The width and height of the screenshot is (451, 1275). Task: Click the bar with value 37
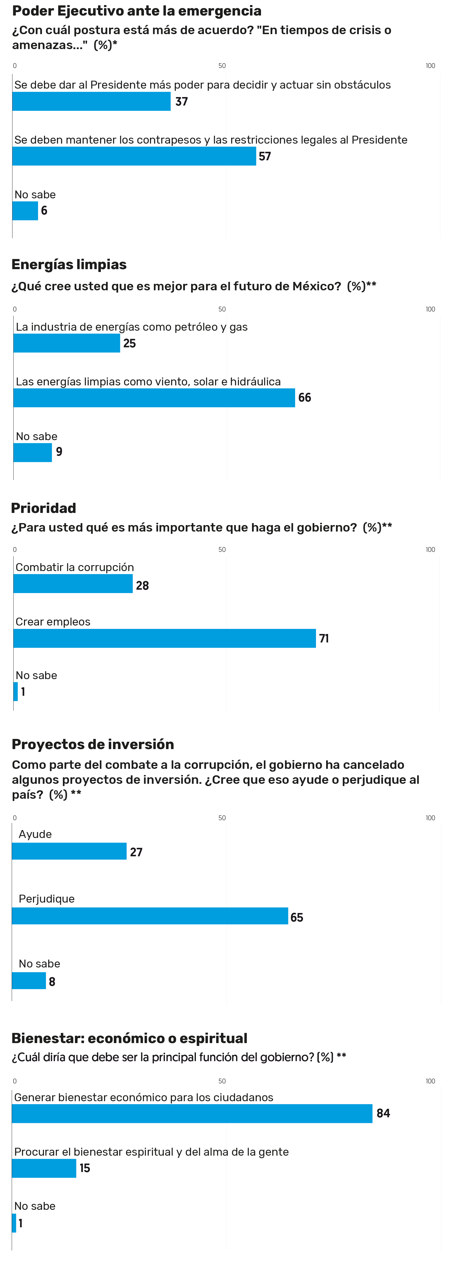92,102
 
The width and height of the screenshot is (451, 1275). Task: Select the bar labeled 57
134,156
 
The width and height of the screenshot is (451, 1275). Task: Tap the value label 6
44,211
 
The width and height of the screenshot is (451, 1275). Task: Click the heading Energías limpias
69,265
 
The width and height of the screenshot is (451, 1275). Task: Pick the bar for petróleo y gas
67,343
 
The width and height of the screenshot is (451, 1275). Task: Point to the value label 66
305,398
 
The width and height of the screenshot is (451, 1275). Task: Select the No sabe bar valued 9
33,452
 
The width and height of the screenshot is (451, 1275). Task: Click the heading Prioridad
43,508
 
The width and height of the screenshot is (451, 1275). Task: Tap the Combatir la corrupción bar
73,584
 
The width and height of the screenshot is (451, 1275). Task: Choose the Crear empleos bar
165,638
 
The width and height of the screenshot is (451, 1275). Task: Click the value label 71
324,638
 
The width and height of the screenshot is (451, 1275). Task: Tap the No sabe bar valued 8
29,981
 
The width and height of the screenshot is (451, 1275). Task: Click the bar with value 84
192,1114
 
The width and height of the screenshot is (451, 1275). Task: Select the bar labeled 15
44,1169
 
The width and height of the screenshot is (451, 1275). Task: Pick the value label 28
142,586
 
